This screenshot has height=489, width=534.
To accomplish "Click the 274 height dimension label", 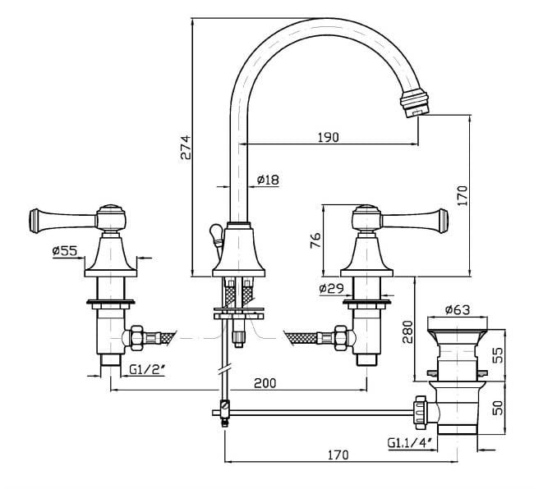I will point(186,147).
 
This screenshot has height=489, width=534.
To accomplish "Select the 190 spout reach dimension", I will point(327,138).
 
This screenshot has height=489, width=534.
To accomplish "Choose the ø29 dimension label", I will point(333,289).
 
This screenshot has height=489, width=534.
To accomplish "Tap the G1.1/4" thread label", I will point(411,444).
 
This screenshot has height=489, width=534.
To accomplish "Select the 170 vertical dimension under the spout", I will point(463,195).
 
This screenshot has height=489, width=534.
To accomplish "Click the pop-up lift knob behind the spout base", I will point(214,235).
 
